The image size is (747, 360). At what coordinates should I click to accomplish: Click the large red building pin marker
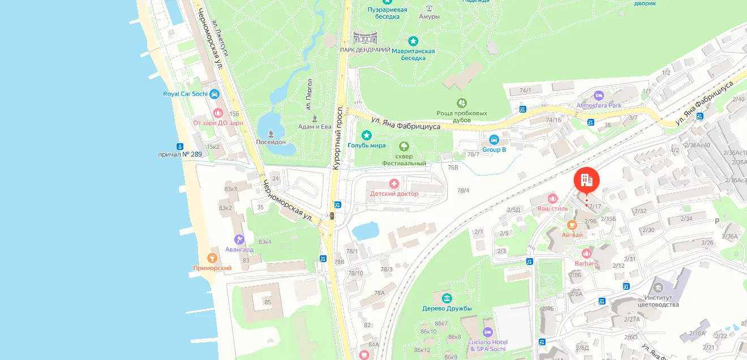click(x=586, y=181)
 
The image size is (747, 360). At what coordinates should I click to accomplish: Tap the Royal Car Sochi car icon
click(x=214, y=94)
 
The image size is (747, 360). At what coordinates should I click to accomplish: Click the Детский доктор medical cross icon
click(x=394, y=183)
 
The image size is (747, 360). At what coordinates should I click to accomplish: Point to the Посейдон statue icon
click(x=271, y=134)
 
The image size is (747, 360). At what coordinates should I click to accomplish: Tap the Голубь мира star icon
click(x=367, y=135)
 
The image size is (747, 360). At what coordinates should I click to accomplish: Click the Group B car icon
click(x=493, y=139)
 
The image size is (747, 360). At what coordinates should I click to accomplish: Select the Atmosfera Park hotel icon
click(x=599, y=95)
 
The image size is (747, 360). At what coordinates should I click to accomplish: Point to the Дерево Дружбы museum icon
click(x=447, y=298)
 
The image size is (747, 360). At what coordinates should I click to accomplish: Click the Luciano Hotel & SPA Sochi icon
click(x=487, y=332)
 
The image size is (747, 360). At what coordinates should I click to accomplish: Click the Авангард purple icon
click(x=239, y=239)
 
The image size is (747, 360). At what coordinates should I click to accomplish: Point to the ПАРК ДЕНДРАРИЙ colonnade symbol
click(x=365, y=38)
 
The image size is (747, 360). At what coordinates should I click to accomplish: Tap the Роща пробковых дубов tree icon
click(x=462, y=103)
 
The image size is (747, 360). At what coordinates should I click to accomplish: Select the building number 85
click(x=268, y=302)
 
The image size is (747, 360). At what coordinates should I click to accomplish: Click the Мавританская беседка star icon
click(x=413, y=41)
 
